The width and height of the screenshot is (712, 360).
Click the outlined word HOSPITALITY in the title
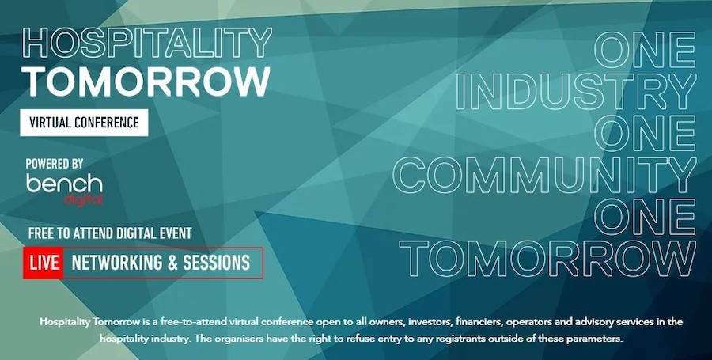(x=147, y=44)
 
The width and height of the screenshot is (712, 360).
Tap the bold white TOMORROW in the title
(x=147, y=81)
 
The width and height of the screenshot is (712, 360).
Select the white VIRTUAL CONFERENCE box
(x=84, y=122)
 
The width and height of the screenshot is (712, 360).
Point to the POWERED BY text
(x=55, y=164)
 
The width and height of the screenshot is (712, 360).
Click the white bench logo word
(x=64, y=184)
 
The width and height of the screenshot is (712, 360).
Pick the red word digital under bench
(x=83, y=199)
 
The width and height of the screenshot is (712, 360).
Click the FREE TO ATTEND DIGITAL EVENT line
(x=110, y=233)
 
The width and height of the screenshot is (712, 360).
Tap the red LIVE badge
(x=44, y=263)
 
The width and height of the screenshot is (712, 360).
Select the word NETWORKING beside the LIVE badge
(x=117, y=263)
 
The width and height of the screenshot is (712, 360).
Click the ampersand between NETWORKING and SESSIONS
(x=172, y=263)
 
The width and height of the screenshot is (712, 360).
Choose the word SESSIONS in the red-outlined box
(x=216, y=263)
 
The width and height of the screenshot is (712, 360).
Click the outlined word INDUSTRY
(x=576, y=91)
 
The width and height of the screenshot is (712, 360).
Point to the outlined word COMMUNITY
(x=544, y=175)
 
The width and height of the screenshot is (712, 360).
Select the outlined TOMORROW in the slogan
(x=547, y=259)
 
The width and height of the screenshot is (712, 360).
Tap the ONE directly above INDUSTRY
(x=646, y=49)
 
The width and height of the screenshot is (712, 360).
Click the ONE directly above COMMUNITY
(x=646, y=133)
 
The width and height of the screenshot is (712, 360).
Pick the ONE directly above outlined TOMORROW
(x=646, y=217)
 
